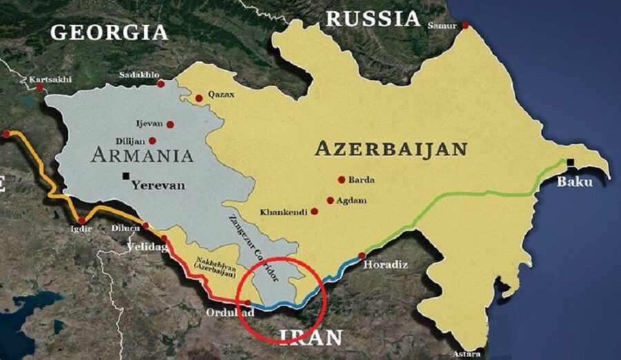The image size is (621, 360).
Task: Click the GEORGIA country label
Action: (x=109, y=32)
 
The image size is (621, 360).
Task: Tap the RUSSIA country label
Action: (x=373, y=18)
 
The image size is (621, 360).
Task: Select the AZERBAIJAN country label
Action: (x=391, y=148)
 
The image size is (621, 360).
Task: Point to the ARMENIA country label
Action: (x=141, y=154)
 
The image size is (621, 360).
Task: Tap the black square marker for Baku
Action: (x=571, y=163)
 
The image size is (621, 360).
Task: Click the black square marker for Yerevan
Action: (x=126, y=176)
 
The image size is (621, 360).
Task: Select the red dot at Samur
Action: (x=466, y=25)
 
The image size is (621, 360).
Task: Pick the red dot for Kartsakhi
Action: (x=40, y=88)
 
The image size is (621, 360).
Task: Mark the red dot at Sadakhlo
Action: (x=161, y=83)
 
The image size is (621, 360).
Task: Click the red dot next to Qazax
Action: (x=199, y=98)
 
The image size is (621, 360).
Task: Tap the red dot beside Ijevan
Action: (x=170, y=125)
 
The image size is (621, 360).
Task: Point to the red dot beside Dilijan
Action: (x=152, y=140)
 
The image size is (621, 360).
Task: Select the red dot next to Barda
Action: (x=341, y=179)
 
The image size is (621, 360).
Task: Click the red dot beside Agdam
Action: (x=331, y=201)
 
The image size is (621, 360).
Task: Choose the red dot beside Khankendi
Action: (x=315, y=211)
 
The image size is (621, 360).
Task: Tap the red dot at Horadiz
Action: (x=362, y=255)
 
